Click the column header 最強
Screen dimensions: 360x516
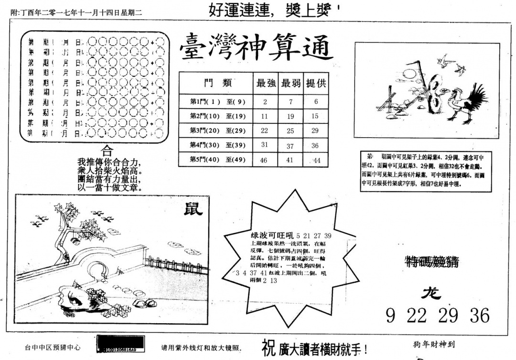click(x=266, y=83)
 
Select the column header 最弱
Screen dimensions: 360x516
click(x=290, y=83)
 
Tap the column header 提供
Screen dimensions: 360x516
click(x=315, y=83)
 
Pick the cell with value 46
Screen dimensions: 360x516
click(x=264, y=160)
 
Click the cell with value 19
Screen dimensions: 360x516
click(x=290, y=116)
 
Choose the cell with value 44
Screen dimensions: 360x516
click(x=316, y=161)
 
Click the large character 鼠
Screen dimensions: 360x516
click(x=193, y=208)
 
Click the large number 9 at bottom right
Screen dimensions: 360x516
click(x=390, y=316)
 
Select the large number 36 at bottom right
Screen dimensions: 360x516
click(x=479, y=316)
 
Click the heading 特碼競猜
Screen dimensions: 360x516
click(x=431, y=261)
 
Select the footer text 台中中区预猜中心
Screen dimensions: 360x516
click(x=53, y=349)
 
